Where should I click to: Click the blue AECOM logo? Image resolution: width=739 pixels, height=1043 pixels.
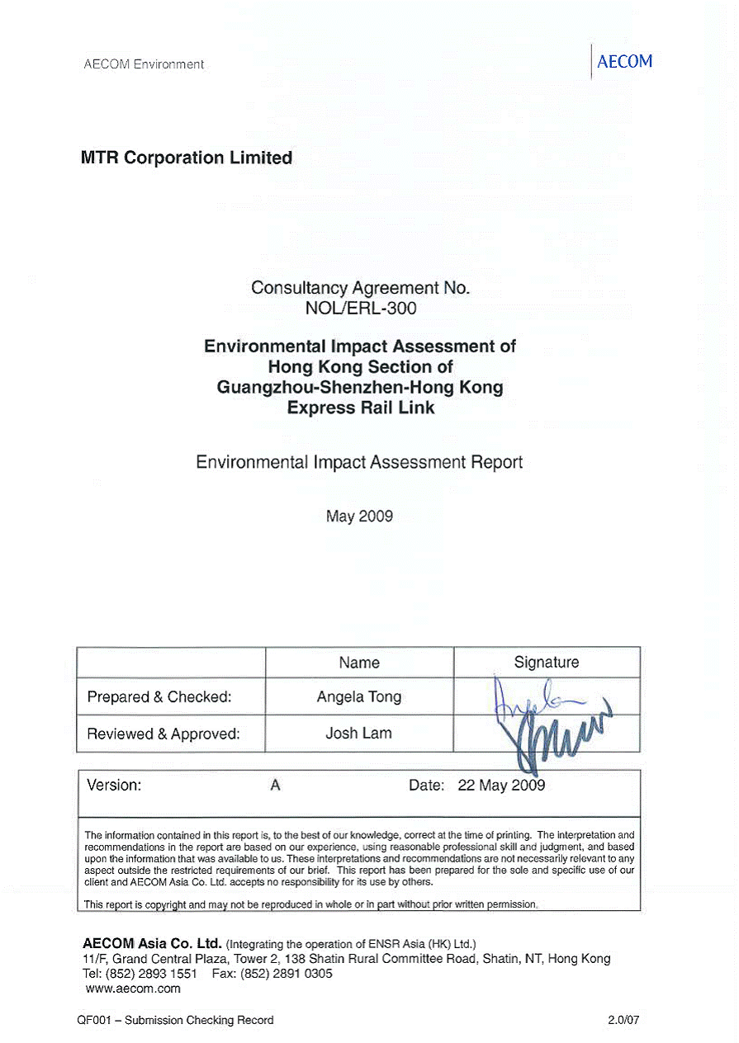pos(624,62)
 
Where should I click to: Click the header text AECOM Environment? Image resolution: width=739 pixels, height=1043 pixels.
pos(144,64)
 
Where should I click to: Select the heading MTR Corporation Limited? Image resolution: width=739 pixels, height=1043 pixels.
pos(187,158)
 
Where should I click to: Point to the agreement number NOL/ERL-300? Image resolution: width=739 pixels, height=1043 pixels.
pos(361,309)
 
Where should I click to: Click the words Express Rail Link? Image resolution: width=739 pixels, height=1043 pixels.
pos(361,408)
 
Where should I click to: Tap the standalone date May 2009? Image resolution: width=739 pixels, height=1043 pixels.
pos(359,517)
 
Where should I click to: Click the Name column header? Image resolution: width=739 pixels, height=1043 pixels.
pos(359,663)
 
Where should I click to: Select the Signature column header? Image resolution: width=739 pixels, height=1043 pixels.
pos(547,663)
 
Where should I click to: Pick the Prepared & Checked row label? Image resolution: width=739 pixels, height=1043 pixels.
pos(159,697)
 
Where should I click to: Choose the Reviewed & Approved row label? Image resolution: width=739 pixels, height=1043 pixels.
pos(163,734)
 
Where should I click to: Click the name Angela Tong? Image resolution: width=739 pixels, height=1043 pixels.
pos(359,697)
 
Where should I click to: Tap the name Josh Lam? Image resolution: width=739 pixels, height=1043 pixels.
pos(359,734)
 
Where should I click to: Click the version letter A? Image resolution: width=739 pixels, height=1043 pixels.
pos(276,786)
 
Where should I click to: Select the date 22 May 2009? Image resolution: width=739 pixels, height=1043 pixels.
pos(501,786)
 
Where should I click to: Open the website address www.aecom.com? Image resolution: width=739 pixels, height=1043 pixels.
pos(133,989)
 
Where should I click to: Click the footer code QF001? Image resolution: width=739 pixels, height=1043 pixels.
pos(84,1020)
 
